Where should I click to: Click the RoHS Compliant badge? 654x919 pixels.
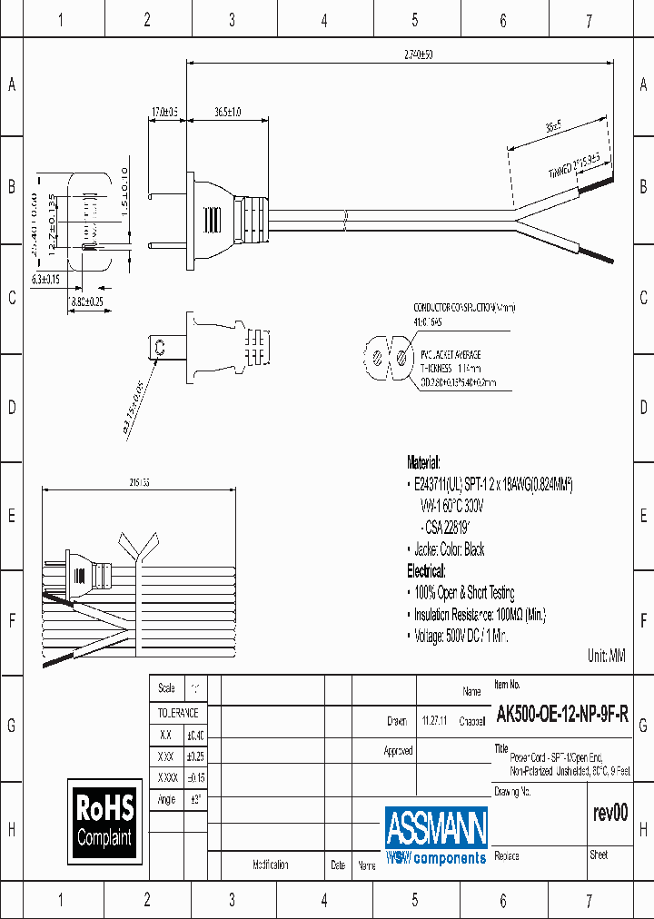click(104, 821)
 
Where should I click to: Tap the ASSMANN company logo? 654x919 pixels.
click(436, 835)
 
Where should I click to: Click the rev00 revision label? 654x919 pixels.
click(609, 813)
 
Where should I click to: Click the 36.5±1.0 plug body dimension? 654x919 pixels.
click(227, 112)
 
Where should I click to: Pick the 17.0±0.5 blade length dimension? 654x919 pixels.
click(164, 112)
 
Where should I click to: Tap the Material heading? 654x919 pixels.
click(423, 461)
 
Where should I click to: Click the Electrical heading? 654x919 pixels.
click(426, 570)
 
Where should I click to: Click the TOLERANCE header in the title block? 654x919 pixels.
click(178, 713)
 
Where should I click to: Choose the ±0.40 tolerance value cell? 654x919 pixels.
click(194, 735)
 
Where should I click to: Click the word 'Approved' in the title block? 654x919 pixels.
click(398, 751)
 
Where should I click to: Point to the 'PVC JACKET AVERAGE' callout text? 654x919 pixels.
click(451, 354)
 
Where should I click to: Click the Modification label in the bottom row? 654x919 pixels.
click(271, 865)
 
